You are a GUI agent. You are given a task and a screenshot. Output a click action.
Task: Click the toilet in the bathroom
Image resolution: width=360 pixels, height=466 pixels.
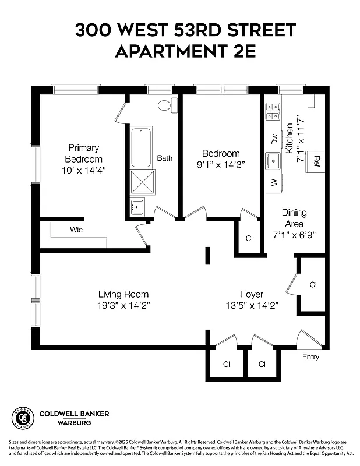[166, 106]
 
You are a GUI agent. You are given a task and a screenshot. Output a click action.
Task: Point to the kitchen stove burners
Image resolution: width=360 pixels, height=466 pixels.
[273, 111]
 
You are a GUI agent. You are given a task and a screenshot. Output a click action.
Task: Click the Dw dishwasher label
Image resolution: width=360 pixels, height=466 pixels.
[274, 139]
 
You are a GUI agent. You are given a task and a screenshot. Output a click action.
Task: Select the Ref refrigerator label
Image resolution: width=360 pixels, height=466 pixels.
[317, 159]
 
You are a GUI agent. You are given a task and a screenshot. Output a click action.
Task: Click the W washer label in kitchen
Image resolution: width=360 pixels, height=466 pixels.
[274, 183]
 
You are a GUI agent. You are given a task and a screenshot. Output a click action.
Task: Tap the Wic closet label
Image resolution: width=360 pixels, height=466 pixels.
[76, 230]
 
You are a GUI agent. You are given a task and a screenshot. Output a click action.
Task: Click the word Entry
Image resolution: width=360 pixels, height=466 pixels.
[310, 356]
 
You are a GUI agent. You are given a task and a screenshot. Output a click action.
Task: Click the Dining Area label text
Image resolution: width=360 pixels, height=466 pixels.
[294, 218]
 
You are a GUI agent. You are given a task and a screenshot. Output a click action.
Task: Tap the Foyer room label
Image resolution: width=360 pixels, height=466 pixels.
[252, 295]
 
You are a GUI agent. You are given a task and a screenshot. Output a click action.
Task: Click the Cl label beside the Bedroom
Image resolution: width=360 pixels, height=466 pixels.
[249, 238]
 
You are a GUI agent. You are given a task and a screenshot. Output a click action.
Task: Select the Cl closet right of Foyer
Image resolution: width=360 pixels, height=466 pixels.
[313, 285]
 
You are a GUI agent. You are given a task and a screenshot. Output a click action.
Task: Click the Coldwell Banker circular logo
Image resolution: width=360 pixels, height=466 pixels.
[23, 418]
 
